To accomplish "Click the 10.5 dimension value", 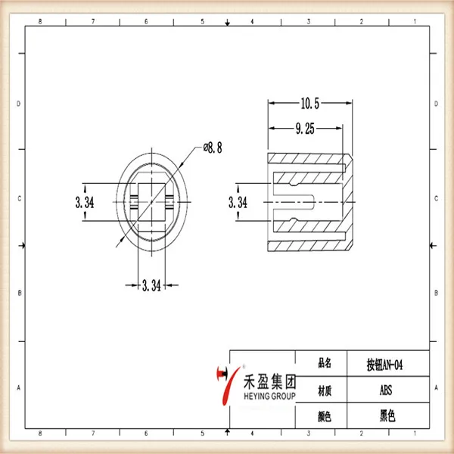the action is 309,104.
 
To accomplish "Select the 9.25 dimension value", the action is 305,129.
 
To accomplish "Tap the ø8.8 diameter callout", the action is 213,148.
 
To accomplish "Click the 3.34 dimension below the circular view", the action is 151,285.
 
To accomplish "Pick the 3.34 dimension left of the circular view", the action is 85,202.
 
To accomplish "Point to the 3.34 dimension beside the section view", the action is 238,202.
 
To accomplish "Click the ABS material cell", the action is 386,390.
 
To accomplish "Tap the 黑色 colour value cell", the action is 388,416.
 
